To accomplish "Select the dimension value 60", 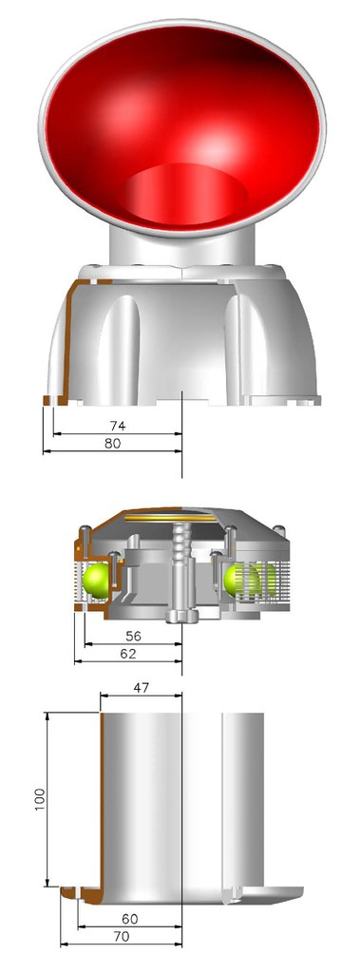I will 129,920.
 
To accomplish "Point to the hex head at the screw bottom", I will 180,618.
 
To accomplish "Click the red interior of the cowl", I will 180,124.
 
